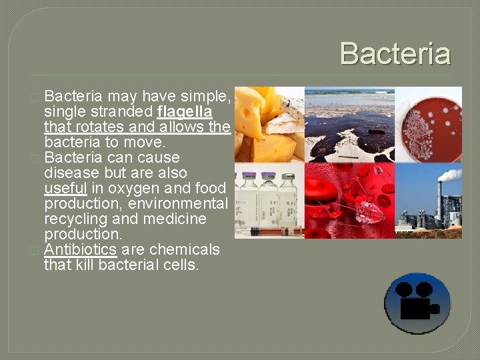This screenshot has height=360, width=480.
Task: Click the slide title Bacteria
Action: [395, 54]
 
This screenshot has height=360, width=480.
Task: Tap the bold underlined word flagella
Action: [185, 111]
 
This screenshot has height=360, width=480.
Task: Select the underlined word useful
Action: [65, 188]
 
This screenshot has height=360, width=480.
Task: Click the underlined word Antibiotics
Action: [80, 249]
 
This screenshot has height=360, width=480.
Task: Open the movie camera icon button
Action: [417, 303]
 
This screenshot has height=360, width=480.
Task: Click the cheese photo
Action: [269, 125]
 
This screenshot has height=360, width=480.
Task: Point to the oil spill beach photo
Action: [349, 125]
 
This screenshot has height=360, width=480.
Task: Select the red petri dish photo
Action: [429, 125]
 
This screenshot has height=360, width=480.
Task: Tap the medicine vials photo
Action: [269, 201]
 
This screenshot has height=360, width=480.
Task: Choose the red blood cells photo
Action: [349, 201]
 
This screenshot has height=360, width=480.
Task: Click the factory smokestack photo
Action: [429, 201]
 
